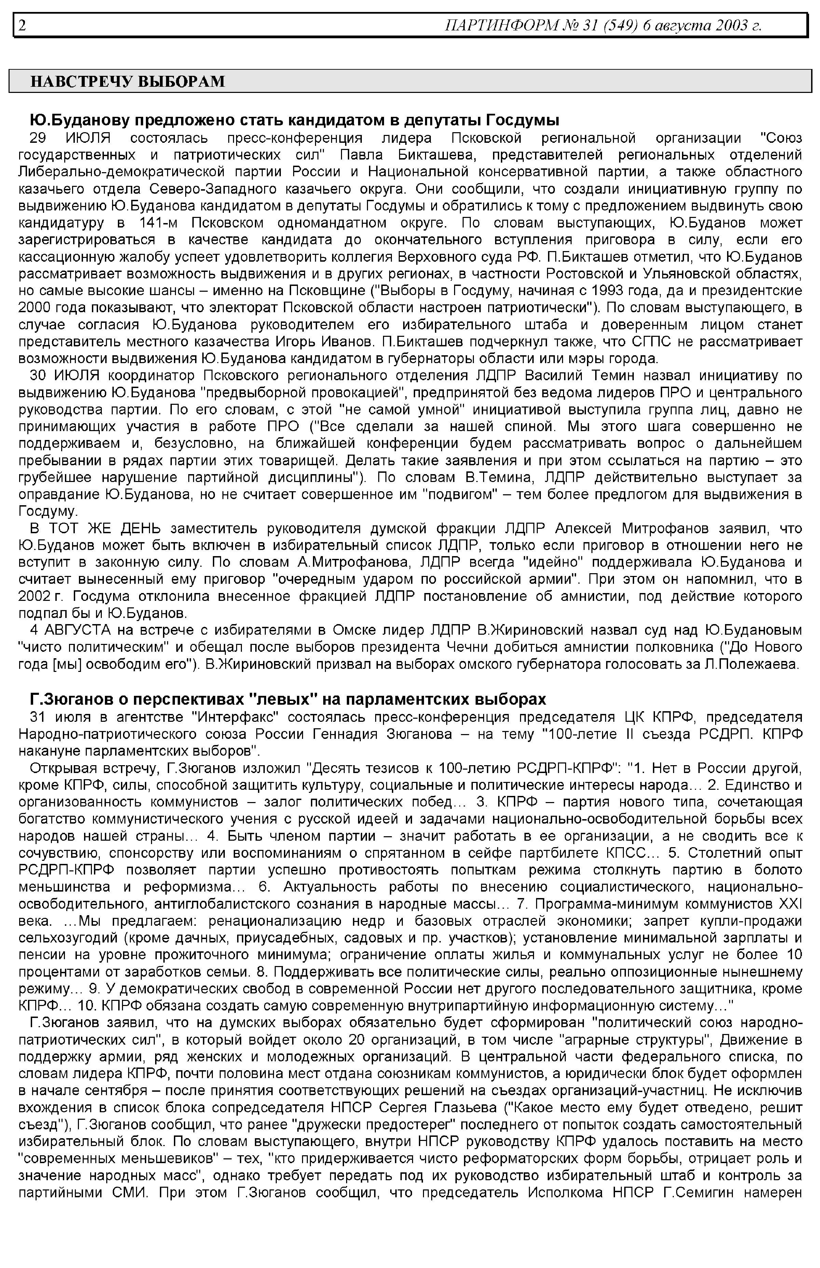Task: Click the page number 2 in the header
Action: click(22, 25)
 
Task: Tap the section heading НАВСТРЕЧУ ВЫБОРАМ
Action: click(128, 81)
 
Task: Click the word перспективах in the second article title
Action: click(189, 699)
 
